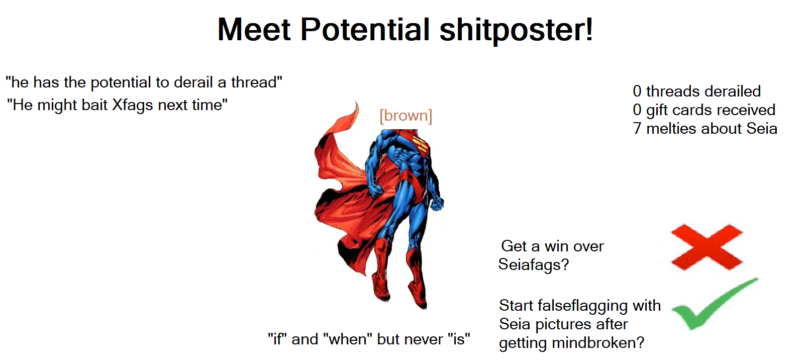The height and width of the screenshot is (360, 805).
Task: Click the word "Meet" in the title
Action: point(254,30)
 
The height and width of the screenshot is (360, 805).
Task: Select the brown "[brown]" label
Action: point(406,116)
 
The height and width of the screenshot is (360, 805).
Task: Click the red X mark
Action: point(707,247)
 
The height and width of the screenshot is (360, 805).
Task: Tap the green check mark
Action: point(714,304)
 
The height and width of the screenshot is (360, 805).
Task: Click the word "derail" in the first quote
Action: point(194,82)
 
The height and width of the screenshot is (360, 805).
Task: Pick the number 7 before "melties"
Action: point(637,128)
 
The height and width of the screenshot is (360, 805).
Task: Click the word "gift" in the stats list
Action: point(657,110)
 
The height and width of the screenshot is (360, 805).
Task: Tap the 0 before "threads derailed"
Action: point(637,92)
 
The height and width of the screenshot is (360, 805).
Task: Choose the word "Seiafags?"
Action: point(534,264)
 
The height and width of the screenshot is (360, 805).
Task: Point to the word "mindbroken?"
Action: point(598,343)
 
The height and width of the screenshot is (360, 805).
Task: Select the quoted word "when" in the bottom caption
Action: point(348,339)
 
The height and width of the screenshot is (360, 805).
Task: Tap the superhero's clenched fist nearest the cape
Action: point(376,190)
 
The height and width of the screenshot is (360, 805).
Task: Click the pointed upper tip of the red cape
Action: point(356,102)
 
